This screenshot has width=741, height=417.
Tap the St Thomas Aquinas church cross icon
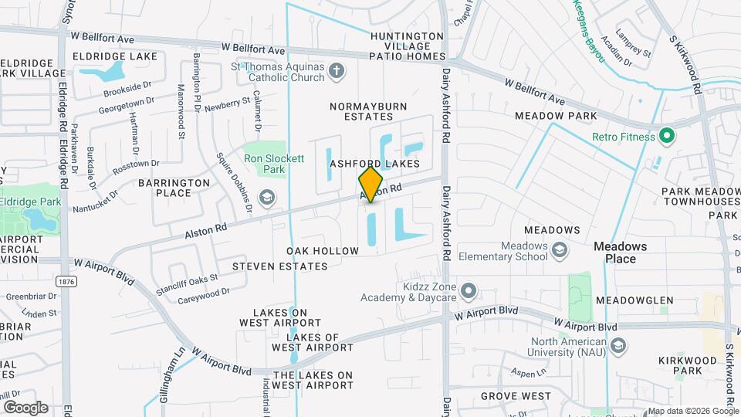[x=336, y=72]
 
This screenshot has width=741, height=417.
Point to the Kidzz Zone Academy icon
[x=468, y=290]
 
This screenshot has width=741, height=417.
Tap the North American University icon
[x=616, y=344]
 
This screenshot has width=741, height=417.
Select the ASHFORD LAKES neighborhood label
[x=374, y=164]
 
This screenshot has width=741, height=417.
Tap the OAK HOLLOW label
[x=323, y=251]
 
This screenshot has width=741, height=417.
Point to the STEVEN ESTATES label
[x=280, y=266]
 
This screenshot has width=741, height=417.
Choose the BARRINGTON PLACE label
[x=174, y=188]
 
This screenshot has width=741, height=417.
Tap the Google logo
[x=25, y=407]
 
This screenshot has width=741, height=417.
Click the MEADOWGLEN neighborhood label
[x=640, y=300]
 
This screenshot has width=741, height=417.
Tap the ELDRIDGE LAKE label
[x=115, y=56]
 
